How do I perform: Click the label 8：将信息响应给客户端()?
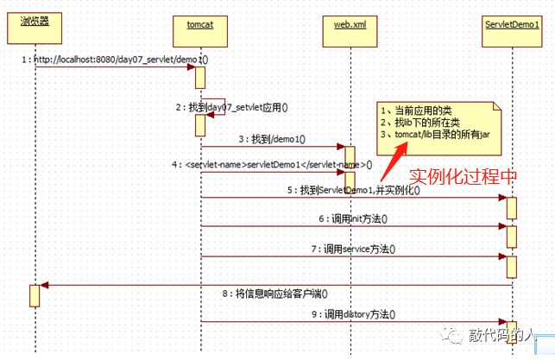click(x=281, y=293)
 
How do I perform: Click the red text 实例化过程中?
click(x=463, y=175)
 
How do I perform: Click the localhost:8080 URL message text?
click(x=116, y=60)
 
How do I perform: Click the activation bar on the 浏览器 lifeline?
click(x=35, y=294)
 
